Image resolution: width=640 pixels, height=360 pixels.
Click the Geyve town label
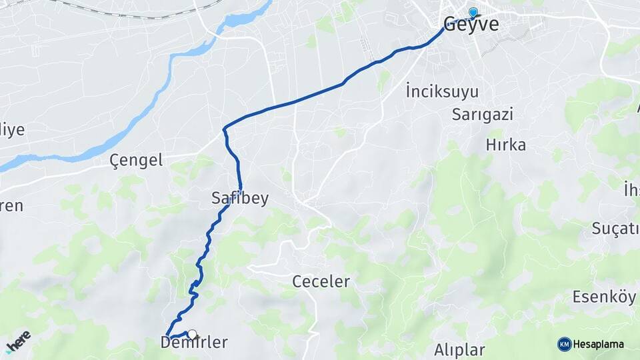471,25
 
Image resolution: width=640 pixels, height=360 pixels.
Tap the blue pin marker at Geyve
473,12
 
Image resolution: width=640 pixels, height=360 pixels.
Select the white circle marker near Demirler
192,334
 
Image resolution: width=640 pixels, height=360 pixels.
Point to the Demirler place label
194,343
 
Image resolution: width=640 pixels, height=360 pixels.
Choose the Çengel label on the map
136,160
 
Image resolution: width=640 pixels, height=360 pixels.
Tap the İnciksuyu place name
442,91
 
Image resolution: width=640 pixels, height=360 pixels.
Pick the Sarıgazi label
482,114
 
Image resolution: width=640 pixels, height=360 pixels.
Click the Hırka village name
506,145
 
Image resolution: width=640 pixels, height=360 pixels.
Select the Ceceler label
321,281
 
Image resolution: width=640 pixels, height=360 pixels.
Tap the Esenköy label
604,297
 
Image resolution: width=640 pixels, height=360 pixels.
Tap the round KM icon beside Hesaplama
564,344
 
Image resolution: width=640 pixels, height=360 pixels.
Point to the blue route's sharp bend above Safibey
225,128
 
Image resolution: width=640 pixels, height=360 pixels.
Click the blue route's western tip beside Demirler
167,335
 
